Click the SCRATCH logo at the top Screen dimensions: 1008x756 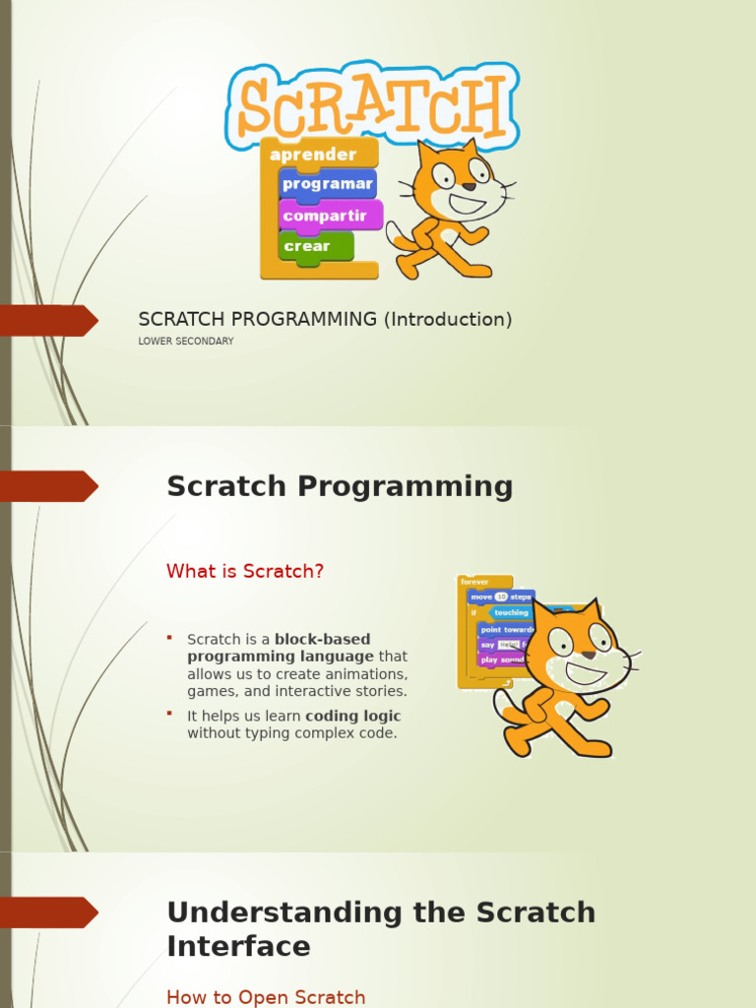pos(372,105)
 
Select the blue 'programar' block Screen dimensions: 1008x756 pos(327,184)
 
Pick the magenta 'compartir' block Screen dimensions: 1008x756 pos(325,216)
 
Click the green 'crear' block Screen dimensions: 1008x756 pos(308,246)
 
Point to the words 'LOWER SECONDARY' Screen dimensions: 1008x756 pos(186,342)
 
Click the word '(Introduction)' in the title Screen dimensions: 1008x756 pos(447,319)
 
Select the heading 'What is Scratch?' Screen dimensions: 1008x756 pos(245,571)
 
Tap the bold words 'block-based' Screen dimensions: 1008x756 pos(323,640)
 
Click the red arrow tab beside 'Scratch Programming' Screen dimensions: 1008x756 pos(49,486)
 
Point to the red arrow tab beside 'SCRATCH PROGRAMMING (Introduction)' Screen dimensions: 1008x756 pos(49,320)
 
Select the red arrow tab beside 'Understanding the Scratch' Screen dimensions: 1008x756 pos(49,913)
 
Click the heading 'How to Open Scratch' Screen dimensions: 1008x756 pos(266,997)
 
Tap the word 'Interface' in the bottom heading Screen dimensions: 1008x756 pos(238,947)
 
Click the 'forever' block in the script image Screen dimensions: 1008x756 pos(475,582)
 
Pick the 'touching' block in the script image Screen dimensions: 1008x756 pos(512,612)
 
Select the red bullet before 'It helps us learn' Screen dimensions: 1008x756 pos(169,713)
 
